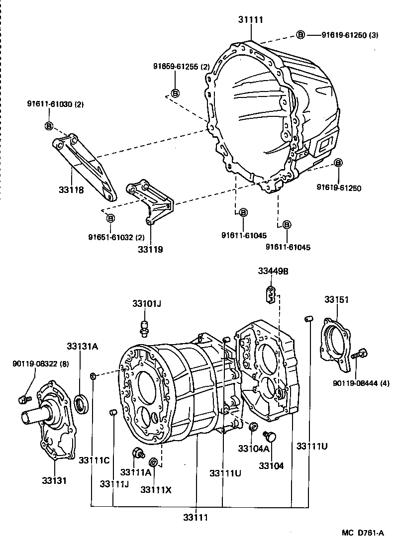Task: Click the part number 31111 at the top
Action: pyautogui.click(x=250, y=20)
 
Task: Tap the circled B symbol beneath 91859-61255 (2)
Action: pyautogui.click(x=175, y=92)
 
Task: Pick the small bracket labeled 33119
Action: pyautogui.click(x=151, y=201)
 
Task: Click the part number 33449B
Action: pyautogui.click(x=273, y=271)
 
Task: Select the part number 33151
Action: pyautogui.click(x=337, y=299)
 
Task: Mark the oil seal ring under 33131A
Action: pyautogui.click(x=82, y=402)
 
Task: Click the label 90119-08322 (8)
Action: pyautogui.click(x=34, y=364)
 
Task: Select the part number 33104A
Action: pyautogui.click(x=253, y=448)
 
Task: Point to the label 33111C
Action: pyautogui.click(x=94, y=460)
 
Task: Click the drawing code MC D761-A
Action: pyautogui.click(x=363, y=533)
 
